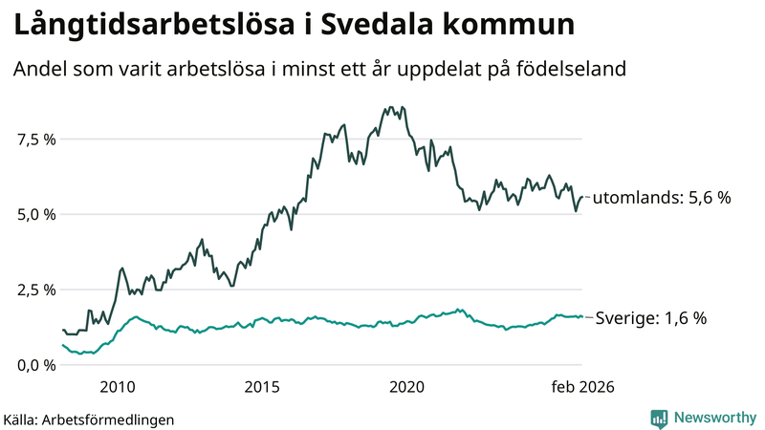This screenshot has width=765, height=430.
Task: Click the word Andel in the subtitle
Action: pyautogui.click(x=41, y=70)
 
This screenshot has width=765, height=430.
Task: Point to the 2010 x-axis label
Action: pyautogui.click(x=116, y=387)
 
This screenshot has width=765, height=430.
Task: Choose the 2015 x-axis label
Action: pyautogui.click(x=262, y=387)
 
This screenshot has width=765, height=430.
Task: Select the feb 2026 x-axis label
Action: pyautogui.click(x=581, y=387)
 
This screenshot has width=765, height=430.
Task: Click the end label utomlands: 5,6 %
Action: pyautogui.click(x=662, y=198)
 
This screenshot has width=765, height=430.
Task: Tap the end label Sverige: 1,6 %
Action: pyautogui.click(x=651, y=318)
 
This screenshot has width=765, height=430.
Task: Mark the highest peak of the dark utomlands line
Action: pyautogui.click(x=403, y=107)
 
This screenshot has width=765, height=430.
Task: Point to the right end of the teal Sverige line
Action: pyautogui.click(x=581, y=316)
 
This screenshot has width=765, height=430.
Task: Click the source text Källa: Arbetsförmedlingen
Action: pyautogui.click(x=89, y=419)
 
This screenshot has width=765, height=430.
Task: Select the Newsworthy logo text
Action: pyautogui.click(x=714, y=418)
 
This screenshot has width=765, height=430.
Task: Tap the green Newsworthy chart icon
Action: pyautogui.click(x=659, y=418)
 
